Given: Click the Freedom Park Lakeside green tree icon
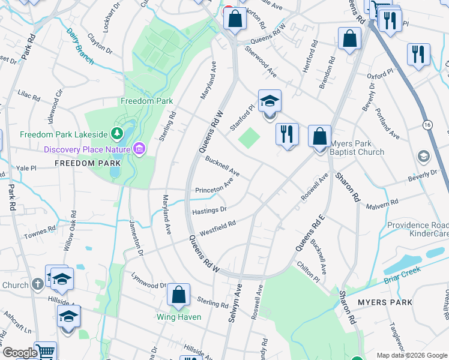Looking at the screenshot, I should tap(119, 133).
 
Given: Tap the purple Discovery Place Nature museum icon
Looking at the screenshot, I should tap(139, 147).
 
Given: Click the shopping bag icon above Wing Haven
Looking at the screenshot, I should tap(179, 295).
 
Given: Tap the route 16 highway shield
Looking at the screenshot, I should tap(427, 124).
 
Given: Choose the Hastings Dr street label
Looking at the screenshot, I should tap(209, 211).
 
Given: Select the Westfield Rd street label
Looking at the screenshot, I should tap(217, 228).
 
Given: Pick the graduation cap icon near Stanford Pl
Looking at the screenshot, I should tap(270, 101).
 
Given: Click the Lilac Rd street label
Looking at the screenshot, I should tap(28, 97).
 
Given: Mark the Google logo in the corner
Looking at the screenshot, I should tap(20, 353).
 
